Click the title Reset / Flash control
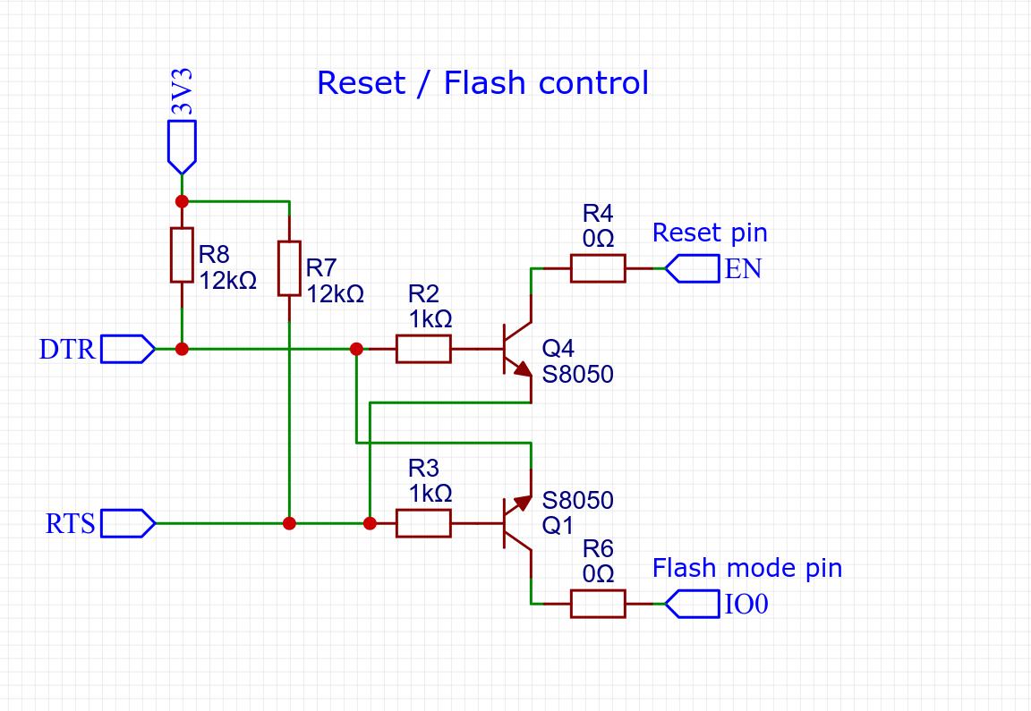click(482, 83)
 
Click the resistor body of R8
click(182, 255)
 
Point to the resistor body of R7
click(289, 268)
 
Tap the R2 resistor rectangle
click(423, 349)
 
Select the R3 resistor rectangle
click(423, 523)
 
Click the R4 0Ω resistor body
click(598, 268)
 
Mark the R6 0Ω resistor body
click(598, 604)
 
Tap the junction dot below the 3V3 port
click(182, 201)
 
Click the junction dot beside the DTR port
click(182, 349)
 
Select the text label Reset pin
click(710, 233)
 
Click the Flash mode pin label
click(747, 568)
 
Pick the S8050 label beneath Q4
click(578, 374)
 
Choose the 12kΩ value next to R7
click(335, 293)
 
